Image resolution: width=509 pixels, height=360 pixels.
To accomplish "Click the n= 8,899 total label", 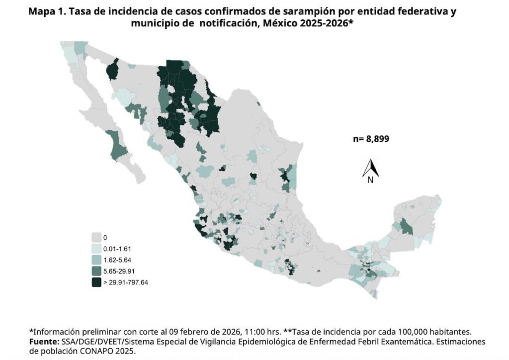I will coord(371,139).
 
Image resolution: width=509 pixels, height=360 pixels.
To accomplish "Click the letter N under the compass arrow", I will coord(370,181).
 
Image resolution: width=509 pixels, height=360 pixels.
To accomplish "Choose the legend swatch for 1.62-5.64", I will coord(96,260).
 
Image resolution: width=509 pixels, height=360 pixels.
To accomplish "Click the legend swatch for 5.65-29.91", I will coord(96,271).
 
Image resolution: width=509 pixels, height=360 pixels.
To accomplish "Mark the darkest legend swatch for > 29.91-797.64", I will coord(96,282).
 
